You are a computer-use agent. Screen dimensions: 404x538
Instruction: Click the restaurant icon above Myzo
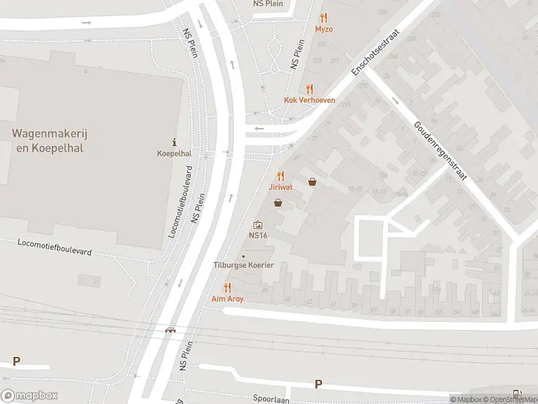tap(324, 18)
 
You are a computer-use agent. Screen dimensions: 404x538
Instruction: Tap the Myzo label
tap(324, 29)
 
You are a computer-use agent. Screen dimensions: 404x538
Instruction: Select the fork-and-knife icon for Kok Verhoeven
tap(309, 88)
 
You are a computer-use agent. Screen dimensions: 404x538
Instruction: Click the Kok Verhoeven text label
tap(309, 100)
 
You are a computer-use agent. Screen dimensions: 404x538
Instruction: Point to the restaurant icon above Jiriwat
tap(281, 175)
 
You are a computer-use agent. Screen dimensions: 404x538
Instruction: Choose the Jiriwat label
tap(281, 187)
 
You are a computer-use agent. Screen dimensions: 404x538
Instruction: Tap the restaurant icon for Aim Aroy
tap(227, 287)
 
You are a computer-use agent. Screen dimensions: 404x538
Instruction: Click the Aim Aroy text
tap(227, 298)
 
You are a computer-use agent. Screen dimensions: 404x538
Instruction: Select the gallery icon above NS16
tap(258, 225)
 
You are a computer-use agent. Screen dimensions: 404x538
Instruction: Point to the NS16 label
tap(258, 236)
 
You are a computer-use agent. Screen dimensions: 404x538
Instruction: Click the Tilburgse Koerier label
tap(243, 265)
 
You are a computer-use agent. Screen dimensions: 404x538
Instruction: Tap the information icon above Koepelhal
tap(174, 142)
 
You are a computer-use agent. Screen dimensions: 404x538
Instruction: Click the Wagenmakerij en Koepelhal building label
tap(49, 141)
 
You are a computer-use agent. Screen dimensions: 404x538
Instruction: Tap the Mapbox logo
tap(30, 396)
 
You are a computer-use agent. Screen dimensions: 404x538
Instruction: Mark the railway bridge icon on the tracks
tap(171, 330)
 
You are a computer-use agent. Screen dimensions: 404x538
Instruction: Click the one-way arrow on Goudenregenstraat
tap(395, 102)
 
